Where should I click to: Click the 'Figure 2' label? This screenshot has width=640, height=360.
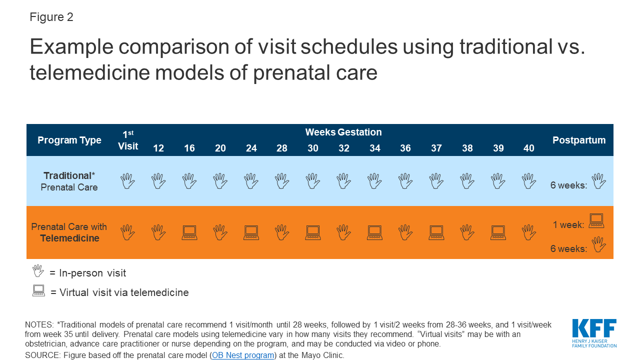tap(51, 17)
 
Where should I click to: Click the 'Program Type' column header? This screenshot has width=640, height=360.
tap(69, 140)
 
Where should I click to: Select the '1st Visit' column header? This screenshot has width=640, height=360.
tap(128, 140)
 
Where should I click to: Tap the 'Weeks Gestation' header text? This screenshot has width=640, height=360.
tap(343, 132)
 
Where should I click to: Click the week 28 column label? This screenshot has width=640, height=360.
tap(282, 148)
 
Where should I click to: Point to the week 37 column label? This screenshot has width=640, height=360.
tap(436, 148)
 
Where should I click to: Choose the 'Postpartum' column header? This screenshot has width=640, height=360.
tap(579, 140)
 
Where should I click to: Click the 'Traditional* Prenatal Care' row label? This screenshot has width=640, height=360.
tap(69, 181)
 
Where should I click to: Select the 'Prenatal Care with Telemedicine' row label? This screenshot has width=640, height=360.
tap(69, 232)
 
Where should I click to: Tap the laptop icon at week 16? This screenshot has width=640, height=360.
tap(189, 232)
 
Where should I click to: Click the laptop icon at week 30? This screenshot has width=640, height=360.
tap(313, 232)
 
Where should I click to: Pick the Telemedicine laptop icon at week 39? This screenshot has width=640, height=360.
tap(498, 232)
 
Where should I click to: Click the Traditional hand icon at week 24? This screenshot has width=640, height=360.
tap(251, 181)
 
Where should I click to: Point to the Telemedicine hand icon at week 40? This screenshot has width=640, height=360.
tap(529, 232)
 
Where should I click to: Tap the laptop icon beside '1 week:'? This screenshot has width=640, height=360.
tap(596, 220)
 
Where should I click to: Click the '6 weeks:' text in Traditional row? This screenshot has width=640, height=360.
tap(568, 185)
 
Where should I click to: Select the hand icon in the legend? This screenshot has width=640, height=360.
tap(38, 271)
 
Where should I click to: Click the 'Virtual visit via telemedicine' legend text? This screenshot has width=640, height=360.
tap(124, 293)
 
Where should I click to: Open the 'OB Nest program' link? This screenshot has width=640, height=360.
tap(243, 355)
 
